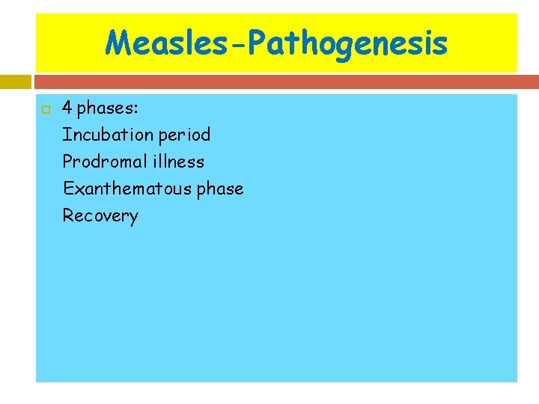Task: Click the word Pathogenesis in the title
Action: pyautogui.click(x=347, y=43)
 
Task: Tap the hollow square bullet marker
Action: pyautogui.click(x=44, y=109)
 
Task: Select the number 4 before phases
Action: pyautogui.click(x=67, y=108)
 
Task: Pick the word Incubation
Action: pyautogui.click(x=105, y=135)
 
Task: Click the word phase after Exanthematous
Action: pyautogui.click(x=220, y=189)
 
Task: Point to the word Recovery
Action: pyautogui.click(x=100, y=216)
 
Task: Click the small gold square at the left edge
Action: pyautogui.click(x=14, y=81)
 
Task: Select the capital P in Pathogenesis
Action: pyautogui.click(x=258, y=43)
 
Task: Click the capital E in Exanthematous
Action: pyautogui.click(x=67, y=189)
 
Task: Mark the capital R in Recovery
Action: pyautogui.click(x=67, y=215)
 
